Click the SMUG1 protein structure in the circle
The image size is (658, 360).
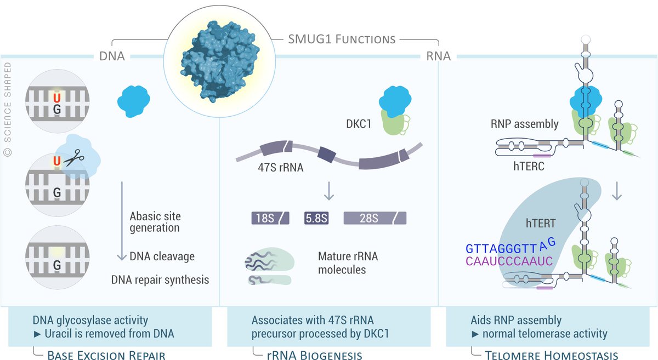[x=218, y=60]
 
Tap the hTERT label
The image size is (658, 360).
[x=541, y=223]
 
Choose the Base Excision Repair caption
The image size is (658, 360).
[x=106, y=356]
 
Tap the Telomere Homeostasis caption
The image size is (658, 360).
[x=552, y=356]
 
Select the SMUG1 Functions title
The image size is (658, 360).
[x=342, y=39]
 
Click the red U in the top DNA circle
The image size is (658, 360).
[x=56, y=98]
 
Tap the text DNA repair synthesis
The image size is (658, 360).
[x=160, y=279]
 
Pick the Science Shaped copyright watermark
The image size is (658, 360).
[x=8, y=110]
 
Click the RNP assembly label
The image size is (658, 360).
[x=525, y=124]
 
